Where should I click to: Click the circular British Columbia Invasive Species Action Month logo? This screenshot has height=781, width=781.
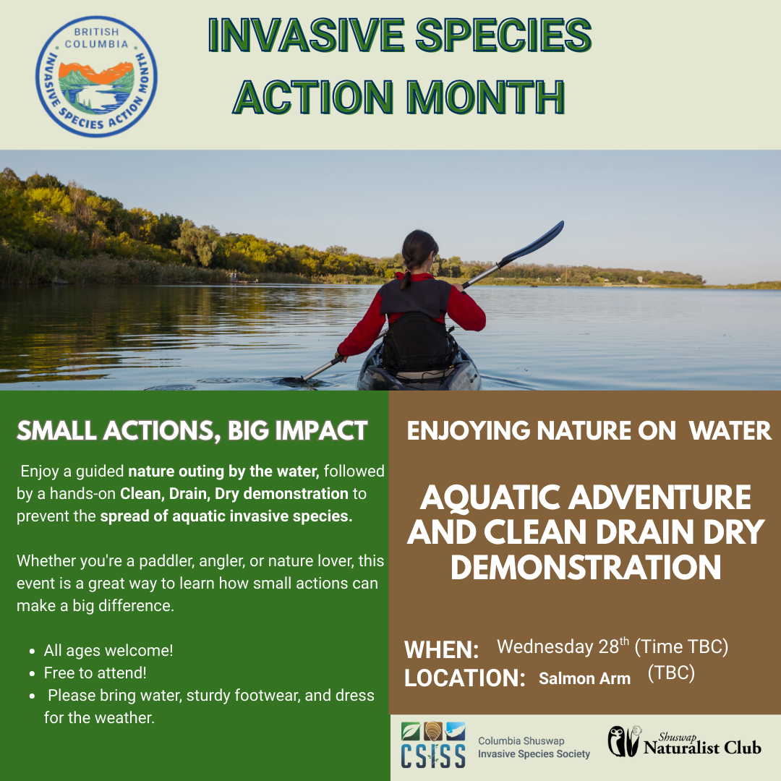point(97,76)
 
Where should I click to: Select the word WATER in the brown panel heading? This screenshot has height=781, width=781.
point(730,431)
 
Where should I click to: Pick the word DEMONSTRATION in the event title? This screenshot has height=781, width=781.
point(586,567)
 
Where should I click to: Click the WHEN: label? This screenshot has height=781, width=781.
point(441,649)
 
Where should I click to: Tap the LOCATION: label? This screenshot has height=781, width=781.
point(465,678)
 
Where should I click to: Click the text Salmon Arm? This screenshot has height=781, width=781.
point(585,678)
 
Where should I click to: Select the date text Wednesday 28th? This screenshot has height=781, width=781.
point(563,646)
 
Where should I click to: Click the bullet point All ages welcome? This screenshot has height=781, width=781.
point(108,651)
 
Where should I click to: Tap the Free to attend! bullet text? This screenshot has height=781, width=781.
point(95,673)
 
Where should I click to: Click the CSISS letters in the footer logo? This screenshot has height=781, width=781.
point(433,756)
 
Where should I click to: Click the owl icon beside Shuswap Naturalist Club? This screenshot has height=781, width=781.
point(623,742)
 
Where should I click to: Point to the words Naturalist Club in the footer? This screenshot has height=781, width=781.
point(702,748)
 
